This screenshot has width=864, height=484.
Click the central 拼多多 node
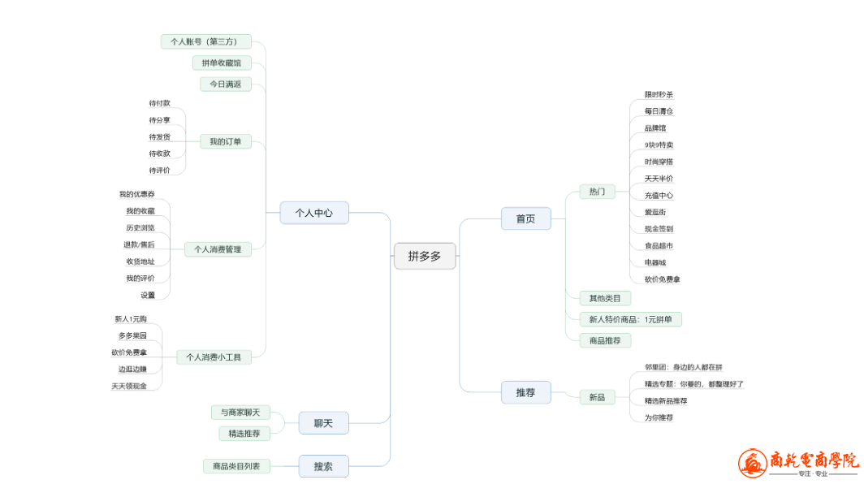(425, 256)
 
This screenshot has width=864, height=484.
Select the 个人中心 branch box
(314, 213)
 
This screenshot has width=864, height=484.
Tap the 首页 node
(525, 218)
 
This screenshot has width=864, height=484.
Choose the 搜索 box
(324, 466)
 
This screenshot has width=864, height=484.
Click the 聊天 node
(324, 422)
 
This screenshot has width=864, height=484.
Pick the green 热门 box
(597, 192)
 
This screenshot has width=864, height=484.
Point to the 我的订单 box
(226, 141)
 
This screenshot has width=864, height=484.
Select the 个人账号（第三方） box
(206, 41)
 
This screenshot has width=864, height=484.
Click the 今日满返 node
(226, 84)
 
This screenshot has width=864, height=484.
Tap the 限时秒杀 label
(659, 94)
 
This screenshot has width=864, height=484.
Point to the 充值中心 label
(659, 195)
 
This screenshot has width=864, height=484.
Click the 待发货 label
(160, 136)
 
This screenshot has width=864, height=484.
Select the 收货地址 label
(140, 261)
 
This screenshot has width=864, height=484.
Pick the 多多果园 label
(132, 335)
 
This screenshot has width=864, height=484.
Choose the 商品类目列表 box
(237, 466)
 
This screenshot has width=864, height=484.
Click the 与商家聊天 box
(240, 413)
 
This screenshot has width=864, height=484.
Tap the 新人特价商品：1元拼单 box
(630, 319)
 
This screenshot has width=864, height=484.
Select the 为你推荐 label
(659, 417)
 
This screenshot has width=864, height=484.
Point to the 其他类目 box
(605, 298)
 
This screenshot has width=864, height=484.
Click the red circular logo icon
(752, 464)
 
